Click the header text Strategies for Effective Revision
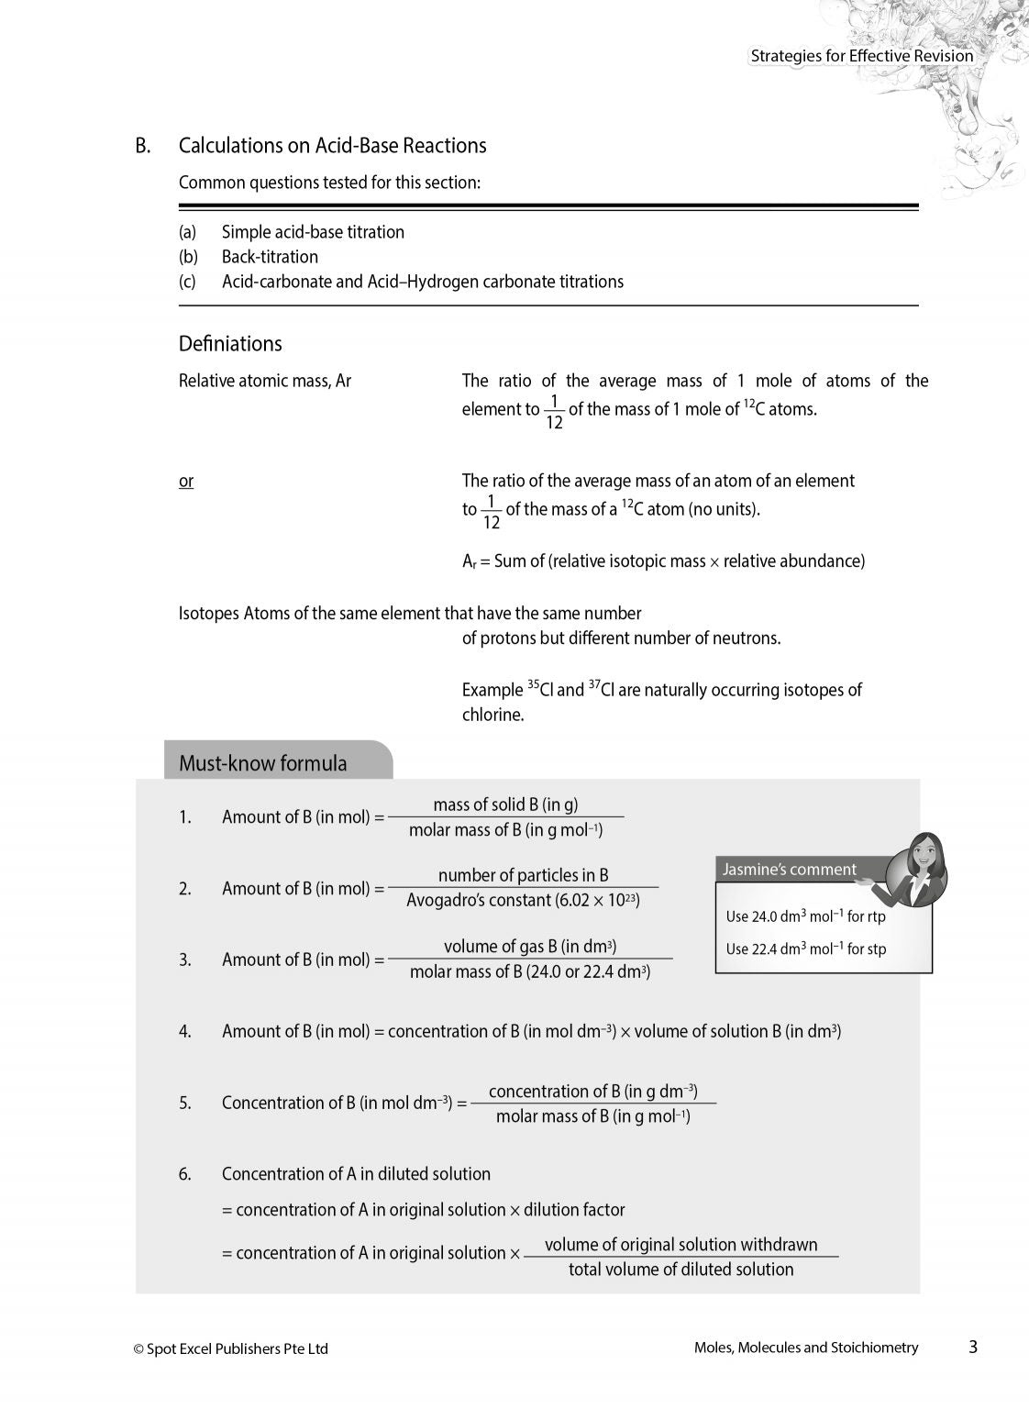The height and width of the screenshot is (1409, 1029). pyautogui.click(x=861, y=56)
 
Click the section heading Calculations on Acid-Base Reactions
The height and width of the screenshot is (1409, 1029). pyautogui.click(x=332, y=146)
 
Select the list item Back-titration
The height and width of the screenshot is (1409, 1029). pyautogui.click(x=270, y=257)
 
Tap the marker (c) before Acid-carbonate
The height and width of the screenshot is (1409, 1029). pyautogui.click(x=187, y=282)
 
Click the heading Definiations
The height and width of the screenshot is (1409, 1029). pyautogui.click(x=230, y=344)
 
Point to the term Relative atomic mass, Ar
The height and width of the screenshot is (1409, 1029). pyautogui.click(x=264, y=381)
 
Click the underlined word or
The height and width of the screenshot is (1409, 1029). pyautogui.click(x=186, y=482)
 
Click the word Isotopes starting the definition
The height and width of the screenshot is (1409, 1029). pyautogui.click(x=208, y=614)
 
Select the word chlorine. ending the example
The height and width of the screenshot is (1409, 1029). pyautogui.click(x=492, y=715)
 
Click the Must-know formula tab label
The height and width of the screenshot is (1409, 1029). pyautogui.click(x=263, y=763)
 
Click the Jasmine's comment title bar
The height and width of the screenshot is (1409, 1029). pyautogui.click(x=790, y=870)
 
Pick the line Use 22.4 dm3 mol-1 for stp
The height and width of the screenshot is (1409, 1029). pyautogui.click(x=805, y=949)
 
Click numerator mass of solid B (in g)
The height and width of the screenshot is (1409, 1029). pyautogui.click(x=505, y=804)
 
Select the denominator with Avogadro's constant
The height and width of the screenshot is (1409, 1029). pyautogui.click(x=523, y=901)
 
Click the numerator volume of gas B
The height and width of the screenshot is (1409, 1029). pyautogui.click(x=529, y=947)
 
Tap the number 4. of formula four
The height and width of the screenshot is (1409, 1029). pyautogui.click(x=185, y=1032)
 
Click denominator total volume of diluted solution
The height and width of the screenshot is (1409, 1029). pyautogui.click(x=680, y=1270)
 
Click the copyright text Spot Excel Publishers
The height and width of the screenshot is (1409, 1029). pyautogui.click(x=230, y=1348)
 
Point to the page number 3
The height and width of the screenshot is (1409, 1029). pyautogui.click(x=973, y=1347)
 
